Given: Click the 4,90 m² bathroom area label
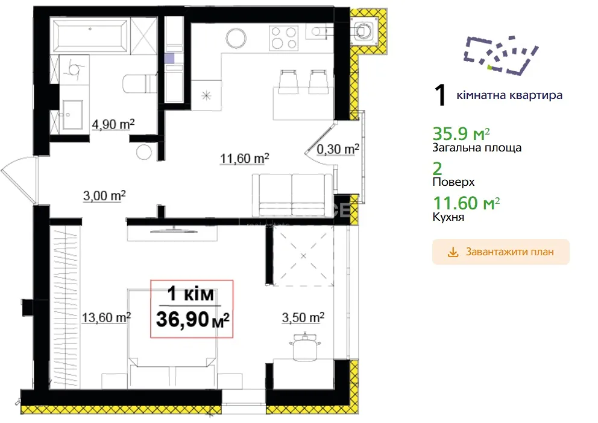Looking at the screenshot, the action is pos(113,124).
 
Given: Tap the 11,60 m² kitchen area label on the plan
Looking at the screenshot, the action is pos(245,158).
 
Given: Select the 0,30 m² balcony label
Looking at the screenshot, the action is pos(338,149).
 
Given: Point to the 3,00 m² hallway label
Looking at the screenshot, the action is pos(104,196).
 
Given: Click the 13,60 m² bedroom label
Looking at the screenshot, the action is pos(107,317).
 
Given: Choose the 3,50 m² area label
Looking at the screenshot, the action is pos(303,317).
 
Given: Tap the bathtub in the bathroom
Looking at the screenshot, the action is pos(90,36).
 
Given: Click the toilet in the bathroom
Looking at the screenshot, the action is pos(140,84).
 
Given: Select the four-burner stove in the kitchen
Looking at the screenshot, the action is pos(283,38).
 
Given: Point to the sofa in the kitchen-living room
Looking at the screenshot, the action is pos(292,196).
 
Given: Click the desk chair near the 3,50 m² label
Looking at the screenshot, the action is pos(304,346).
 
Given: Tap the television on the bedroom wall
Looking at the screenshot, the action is pos(174,230).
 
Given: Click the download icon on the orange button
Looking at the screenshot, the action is pos(453,252).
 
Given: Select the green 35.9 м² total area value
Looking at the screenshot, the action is pos(461,133).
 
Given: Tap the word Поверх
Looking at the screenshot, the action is pos(453,182).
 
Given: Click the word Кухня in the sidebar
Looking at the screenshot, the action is pos(448,217).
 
